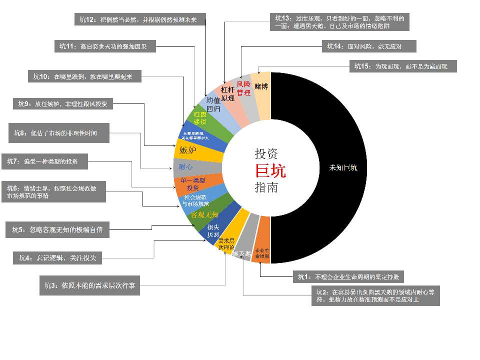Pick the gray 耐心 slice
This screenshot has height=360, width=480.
click(x=186, y=166)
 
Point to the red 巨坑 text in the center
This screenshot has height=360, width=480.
click(x=270, y=171)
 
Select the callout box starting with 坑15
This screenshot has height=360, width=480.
click(x=402, y=66)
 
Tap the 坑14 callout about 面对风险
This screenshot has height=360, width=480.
click(x=369, y=46)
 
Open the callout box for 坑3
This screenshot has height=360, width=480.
click(x=89, y=285)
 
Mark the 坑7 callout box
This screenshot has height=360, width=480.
click(x=47, y=161)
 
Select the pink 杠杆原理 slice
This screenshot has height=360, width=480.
click(x=229, y=93)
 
